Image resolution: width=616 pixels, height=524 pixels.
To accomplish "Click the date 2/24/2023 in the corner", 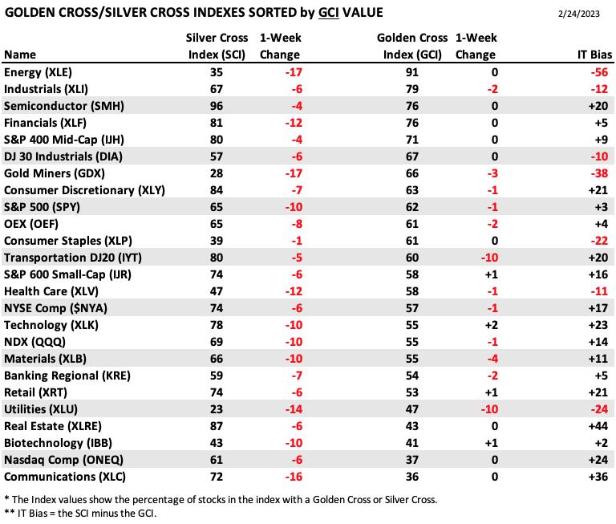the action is pyautogui.click(x=578, y=14).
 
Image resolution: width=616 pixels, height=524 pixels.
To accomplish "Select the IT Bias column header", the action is pyautogui.click(x=594, y=55).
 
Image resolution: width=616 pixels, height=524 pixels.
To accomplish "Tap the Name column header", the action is pyautogui.click(x=20, y=55).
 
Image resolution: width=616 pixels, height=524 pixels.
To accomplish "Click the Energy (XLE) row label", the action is pyautogui.click(x=38, y=72).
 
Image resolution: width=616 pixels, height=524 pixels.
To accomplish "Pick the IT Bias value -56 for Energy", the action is pyautogui.click(x=599, y=72).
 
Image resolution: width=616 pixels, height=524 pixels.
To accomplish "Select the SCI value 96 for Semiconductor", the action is pyautogui.click(x=216, y=106).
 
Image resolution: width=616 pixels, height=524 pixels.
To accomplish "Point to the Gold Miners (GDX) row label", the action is pyautogui.click(x=55, y=173).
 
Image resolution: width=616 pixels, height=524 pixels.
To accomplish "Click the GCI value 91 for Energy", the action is pyautogui.click(x=411, y=72).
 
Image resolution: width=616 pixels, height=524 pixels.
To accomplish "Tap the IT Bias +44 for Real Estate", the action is pyautogui.click(x=598, y=426).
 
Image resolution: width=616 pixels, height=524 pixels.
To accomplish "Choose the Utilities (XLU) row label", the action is pyautogui.click(x=41, y=409).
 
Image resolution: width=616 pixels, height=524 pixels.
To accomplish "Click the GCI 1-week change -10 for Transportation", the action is pyautogui.click(x=489, y=258).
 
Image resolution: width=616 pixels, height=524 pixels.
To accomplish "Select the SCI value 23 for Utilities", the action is pyautogui.click(x=216, y=409).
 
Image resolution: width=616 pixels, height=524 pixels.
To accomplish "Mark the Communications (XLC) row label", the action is pyautogui.click(x=65, y=477).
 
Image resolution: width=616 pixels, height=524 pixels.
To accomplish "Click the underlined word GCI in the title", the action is pyautogui.click(x=328, y=13).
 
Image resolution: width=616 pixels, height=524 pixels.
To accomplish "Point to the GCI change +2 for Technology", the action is pyautogui.click(x=491, y=325).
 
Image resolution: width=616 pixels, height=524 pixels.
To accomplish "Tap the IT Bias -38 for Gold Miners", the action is pyautogui.click(x=599, y=173).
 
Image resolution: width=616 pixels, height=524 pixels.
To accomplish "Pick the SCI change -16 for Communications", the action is pyautogui.click(x=294, y=477).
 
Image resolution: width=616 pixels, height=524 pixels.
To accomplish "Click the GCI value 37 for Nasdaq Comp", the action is pyautogui.click(x=411, y=460).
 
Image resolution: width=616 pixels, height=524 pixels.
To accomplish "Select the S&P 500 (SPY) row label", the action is pyautogui.click(x=42, y=207).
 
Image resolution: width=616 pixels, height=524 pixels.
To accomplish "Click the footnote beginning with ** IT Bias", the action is pyautogui.click(x=80, y=514).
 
